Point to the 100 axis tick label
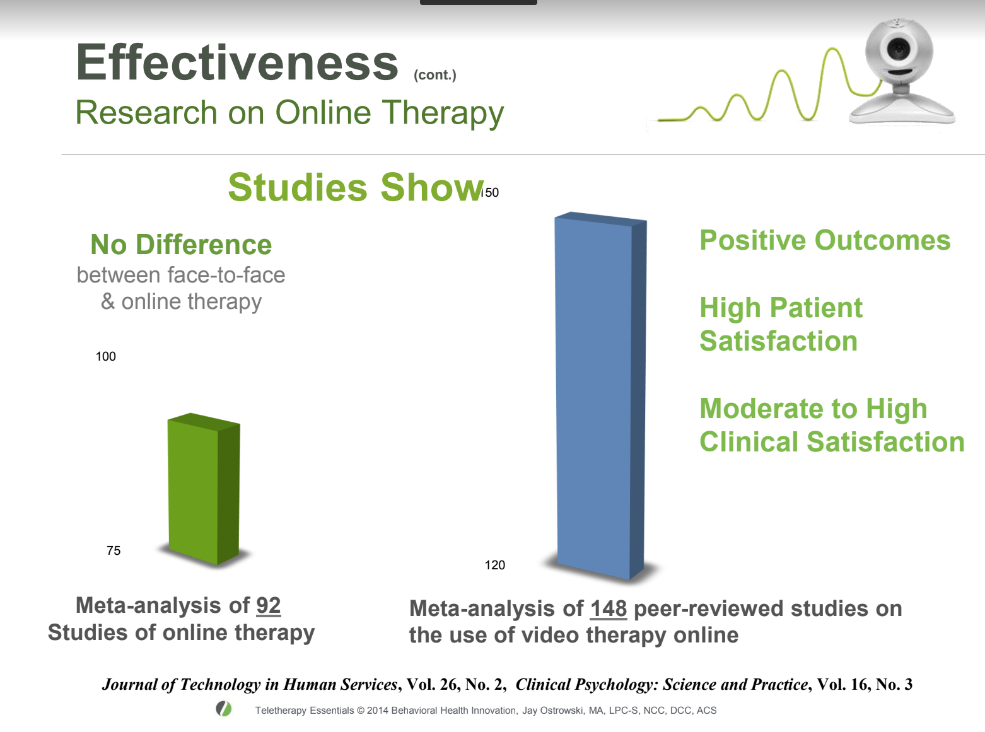pos(105,356)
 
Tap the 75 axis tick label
pos(114,550)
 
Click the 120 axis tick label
pos(494,565)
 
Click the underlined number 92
pos(268,605)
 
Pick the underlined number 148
pos(608,608)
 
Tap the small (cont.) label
pos(434,75)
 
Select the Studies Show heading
pos(355,187)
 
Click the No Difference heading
pos(181,245)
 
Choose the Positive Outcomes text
pos(825,240)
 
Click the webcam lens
pos(898,48)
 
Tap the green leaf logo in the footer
pos(223,709)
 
